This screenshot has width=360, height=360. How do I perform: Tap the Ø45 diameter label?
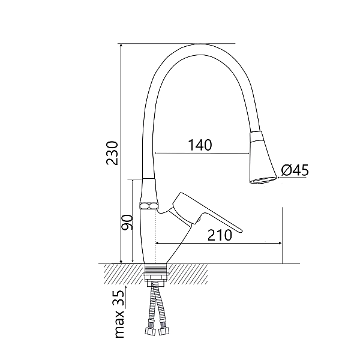click(294, 171)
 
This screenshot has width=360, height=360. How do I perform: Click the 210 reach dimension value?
click(220, 235)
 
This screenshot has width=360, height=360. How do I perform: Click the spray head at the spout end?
click(262, 159)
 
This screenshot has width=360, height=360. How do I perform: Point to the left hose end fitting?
click(148, 329)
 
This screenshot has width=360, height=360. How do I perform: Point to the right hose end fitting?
click(163, 329)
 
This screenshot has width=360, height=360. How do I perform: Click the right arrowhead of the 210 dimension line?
click(280, 243)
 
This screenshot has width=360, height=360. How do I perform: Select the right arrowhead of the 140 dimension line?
click(248, 154)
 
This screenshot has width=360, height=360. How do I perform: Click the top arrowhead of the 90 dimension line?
click(132, 181)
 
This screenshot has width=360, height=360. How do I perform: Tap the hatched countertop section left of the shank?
click(123, 274)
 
